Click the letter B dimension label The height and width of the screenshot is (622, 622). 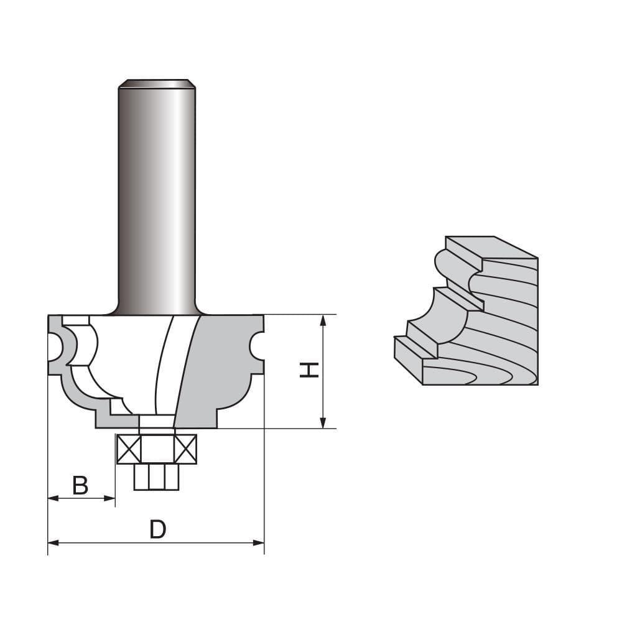(x=80, y=485)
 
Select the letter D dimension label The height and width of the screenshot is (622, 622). (x=158, y=529)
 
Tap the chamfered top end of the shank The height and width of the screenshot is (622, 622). (x=157, y=83)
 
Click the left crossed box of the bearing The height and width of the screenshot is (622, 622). (x=129, y=448)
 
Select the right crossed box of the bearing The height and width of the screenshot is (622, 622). (x=185, y=448)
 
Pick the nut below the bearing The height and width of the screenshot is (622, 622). (x=157, y=476)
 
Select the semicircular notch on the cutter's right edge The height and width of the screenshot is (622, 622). (x=257, y=345)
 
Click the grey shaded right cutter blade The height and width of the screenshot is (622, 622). (x=218, y=367)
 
